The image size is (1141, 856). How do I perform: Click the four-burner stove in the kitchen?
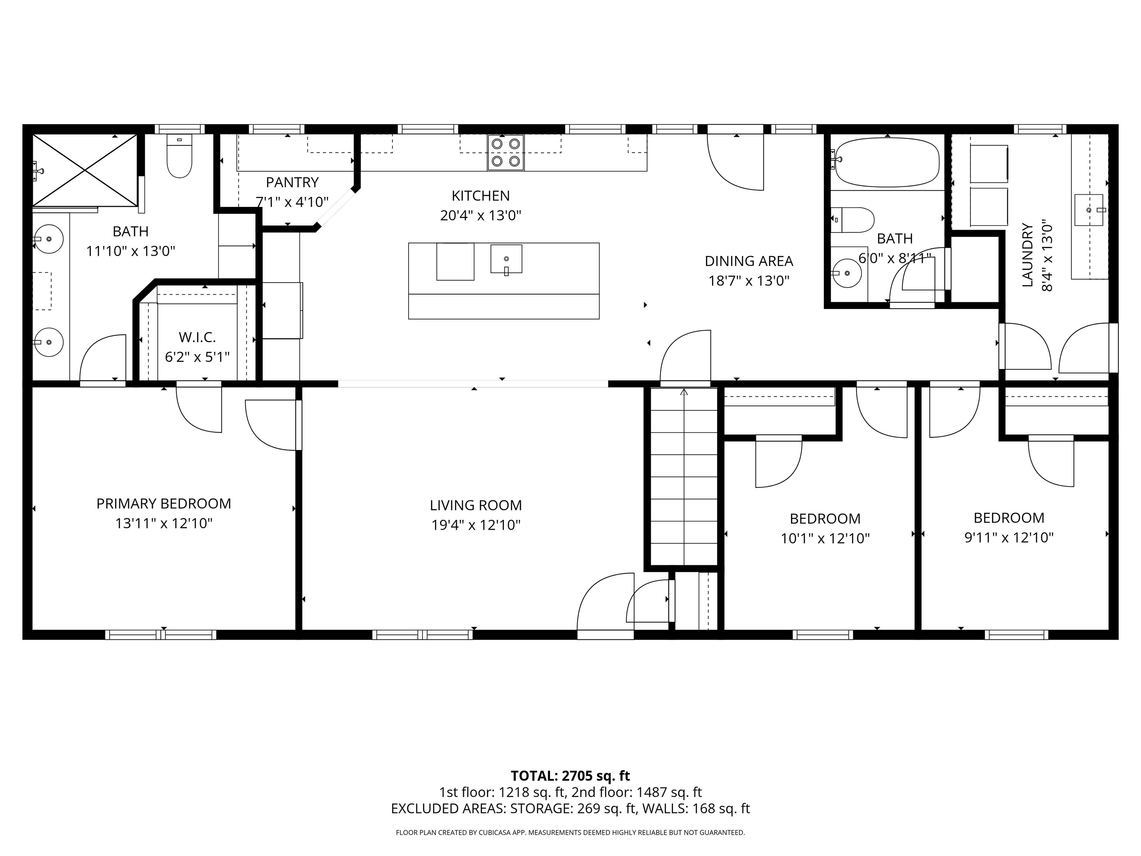506,153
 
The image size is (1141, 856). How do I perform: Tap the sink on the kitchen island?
506,259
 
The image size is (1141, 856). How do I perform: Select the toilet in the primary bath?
179,155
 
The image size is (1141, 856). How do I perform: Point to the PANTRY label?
292,182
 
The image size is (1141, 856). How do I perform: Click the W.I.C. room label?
197,337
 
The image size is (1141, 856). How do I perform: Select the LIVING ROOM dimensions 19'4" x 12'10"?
475,525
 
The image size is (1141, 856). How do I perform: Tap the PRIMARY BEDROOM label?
163,503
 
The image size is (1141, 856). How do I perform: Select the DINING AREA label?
748,261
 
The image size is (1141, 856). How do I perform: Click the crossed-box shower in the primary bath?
85,170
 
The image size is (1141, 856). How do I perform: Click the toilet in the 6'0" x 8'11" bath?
854,220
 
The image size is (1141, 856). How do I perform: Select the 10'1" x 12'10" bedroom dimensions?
825,539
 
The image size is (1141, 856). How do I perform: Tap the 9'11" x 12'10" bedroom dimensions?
1008,538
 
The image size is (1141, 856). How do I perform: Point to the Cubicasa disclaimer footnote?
570,832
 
